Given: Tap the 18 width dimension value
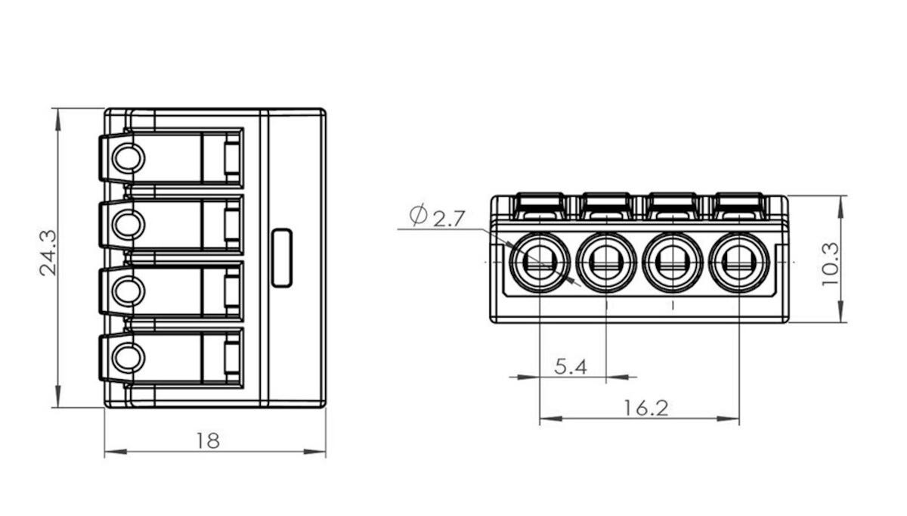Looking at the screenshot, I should coord(207,440).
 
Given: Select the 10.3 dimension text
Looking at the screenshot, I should coord(831,263).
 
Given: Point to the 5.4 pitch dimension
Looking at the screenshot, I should coord(571,367).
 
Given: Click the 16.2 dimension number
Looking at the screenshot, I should coord(646,409).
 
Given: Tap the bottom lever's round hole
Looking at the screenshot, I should coord(127,356).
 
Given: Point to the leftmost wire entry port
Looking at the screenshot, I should coord(540,263).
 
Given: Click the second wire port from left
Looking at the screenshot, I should coord(606,263).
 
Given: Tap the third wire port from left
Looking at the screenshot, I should coord(672,263).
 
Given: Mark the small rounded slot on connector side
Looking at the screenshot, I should coord(281,257).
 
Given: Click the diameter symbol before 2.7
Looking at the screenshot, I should coord(418,216).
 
